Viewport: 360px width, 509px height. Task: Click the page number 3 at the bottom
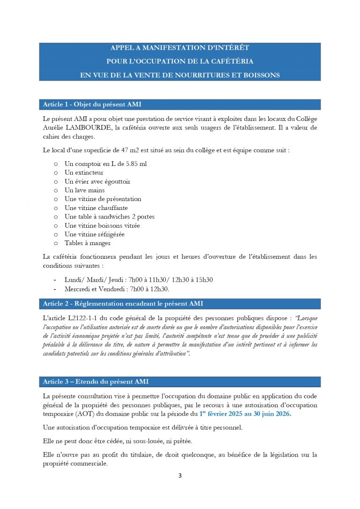click(180, 476)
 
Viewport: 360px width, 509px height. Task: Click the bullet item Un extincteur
click(84, 172)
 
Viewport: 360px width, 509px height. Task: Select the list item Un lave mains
click(84, 190)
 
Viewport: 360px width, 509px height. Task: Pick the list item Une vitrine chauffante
click(96, 208)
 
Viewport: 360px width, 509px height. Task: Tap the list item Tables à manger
click(88, 243)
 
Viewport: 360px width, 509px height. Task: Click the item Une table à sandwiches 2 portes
click(109, 217)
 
